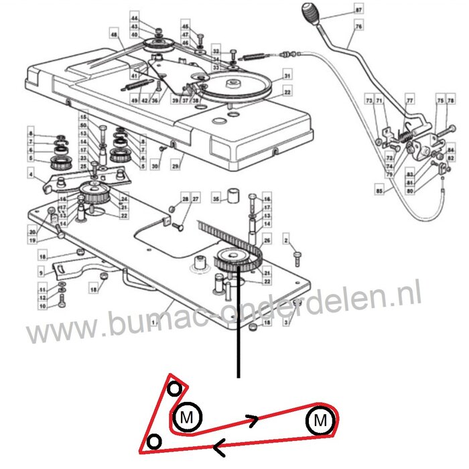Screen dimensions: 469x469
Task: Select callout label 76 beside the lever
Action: (x=358, y=26)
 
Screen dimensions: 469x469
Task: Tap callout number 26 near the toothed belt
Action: (x=266, y=241)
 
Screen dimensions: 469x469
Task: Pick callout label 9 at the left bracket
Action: (x=41, y=273)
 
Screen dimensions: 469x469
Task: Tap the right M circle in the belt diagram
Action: (x=320, y=421)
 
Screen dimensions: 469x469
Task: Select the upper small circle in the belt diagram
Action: (x=174, y=389)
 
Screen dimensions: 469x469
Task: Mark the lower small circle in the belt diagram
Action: (x=155, y=440)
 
